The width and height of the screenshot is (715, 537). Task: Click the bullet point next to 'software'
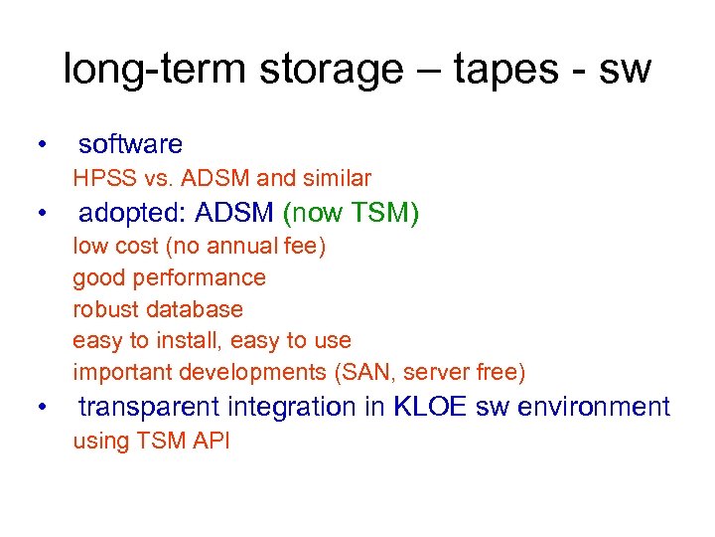[x=40, y=145]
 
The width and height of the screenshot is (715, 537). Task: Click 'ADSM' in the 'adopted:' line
[x=235, y=214]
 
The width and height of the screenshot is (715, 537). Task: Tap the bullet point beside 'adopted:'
[x=40, y=214]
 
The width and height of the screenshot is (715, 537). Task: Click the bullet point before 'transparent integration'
[x=40, y=408]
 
